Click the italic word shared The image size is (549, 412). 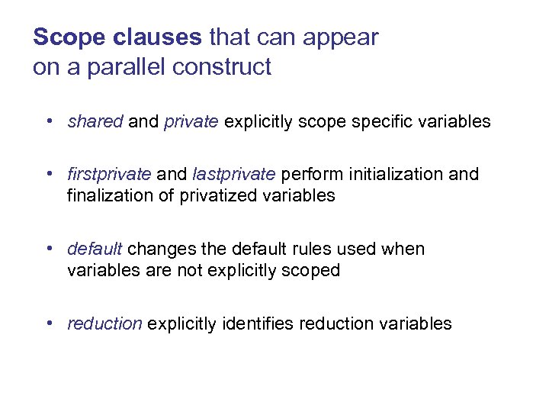click(x=95, y=121)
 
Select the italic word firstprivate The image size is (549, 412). click(x=109, y=174)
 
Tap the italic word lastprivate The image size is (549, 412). click(x=233, y=174)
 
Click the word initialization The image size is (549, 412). click(x=394, y=174)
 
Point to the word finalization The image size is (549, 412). click(x=109, y=195)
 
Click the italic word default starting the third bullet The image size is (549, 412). click(x=95, y=249)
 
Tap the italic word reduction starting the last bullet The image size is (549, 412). click(x=104, y=323)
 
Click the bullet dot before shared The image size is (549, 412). click(x=49, y=121)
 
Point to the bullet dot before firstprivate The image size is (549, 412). click(x=49, y=174)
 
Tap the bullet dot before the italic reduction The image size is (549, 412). click(x=49, y=323)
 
